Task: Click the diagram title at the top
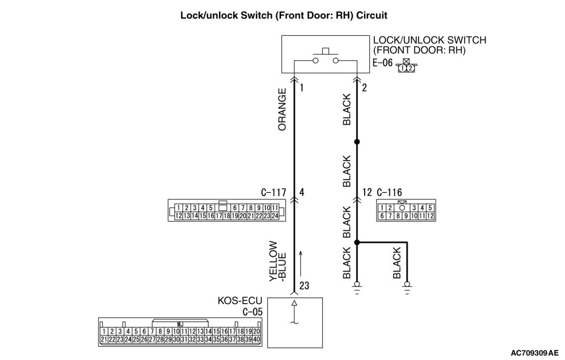click(x=283, y=16)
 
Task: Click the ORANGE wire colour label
click(x=282, y=110)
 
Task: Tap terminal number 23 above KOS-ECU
click(x=304, y=286)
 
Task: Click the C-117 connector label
click(x=274, y=193)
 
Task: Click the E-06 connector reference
click(x=383, y=64)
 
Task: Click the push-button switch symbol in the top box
click(x=325, y=58)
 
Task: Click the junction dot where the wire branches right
click(x=357, y=243)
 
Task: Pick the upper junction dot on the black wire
click(x=357, y=142)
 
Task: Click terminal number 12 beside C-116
click(x=367, y=193)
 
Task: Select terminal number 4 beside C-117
click(x=302, y=193)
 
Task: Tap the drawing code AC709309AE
click(x=534, y=353)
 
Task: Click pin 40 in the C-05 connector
click(x=257, y=339)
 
